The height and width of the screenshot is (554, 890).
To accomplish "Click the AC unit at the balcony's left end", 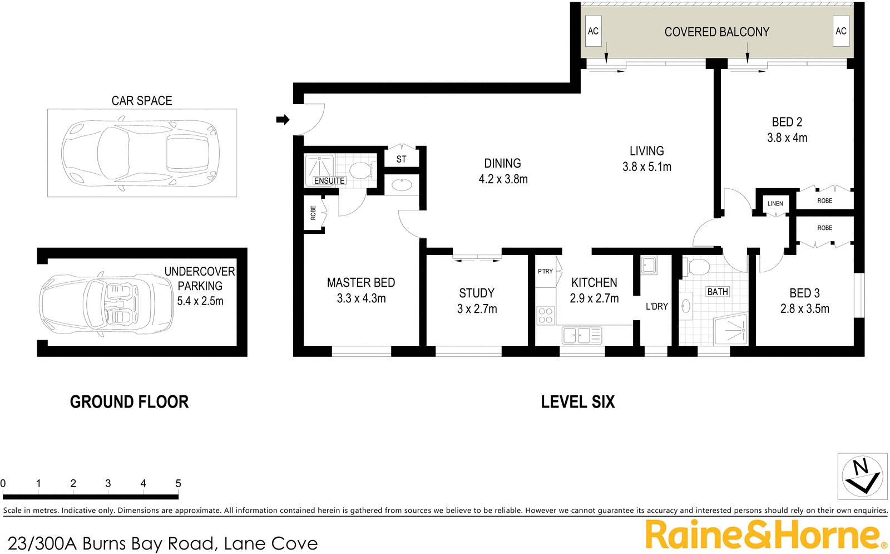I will click(593, 31).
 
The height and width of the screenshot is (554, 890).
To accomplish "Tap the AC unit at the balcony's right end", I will click(840, 31).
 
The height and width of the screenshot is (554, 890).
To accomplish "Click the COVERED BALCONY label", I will click(716, 32).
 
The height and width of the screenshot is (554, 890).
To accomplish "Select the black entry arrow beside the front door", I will click(283, 120).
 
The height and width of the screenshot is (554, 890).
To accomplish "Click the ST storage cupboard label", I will click(401, 159).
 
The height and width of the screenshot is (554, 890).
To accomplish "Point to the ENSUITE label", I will click(329, 181).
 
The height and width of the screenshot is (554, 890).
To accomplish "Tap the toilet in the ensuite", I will click(360, 170).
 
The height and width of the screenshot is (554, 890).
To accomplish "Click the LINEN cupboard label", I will click(775, 204).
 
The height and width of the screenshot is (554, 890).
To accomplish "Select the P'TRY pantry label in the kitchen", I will click(545, 272).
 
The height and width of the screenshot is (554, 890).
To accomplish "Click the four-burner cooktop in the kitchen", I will click(545, 316).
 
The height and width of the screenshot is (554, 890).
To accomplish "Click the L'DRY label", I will click(656, 306).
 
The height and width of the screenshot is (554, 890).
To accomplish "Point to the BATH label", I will click(717, 292).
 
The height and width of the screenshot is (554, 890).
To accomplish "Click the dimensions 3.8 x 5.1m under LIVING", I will click(646, 167).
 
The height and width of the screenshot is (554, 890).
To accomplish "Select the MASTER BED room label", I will click(360, 283).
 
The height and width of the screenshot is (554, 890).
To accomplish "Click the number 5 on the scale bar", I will click(178, 483).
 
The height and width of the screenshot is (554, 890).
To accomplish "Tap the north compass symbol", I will click(862, 476).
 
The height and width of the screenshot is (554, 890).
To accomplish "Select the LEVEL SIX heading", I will click(577, 402).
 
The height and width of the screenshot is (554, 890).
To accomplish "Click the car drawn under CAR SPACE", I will click(141, 153).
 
